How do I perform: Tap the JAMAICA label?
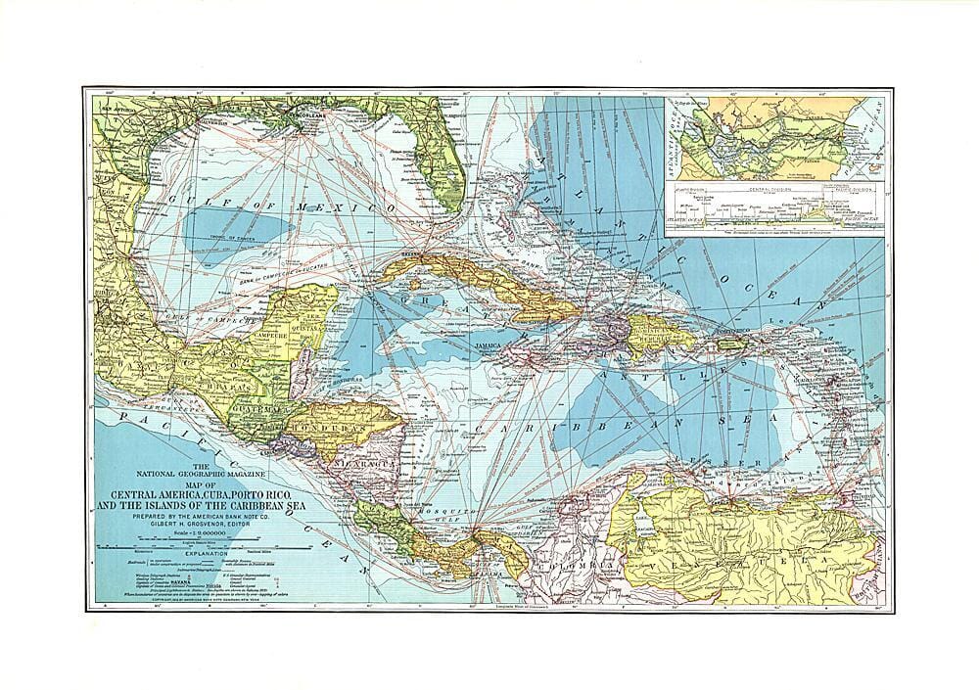click(x=487, y=345)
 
